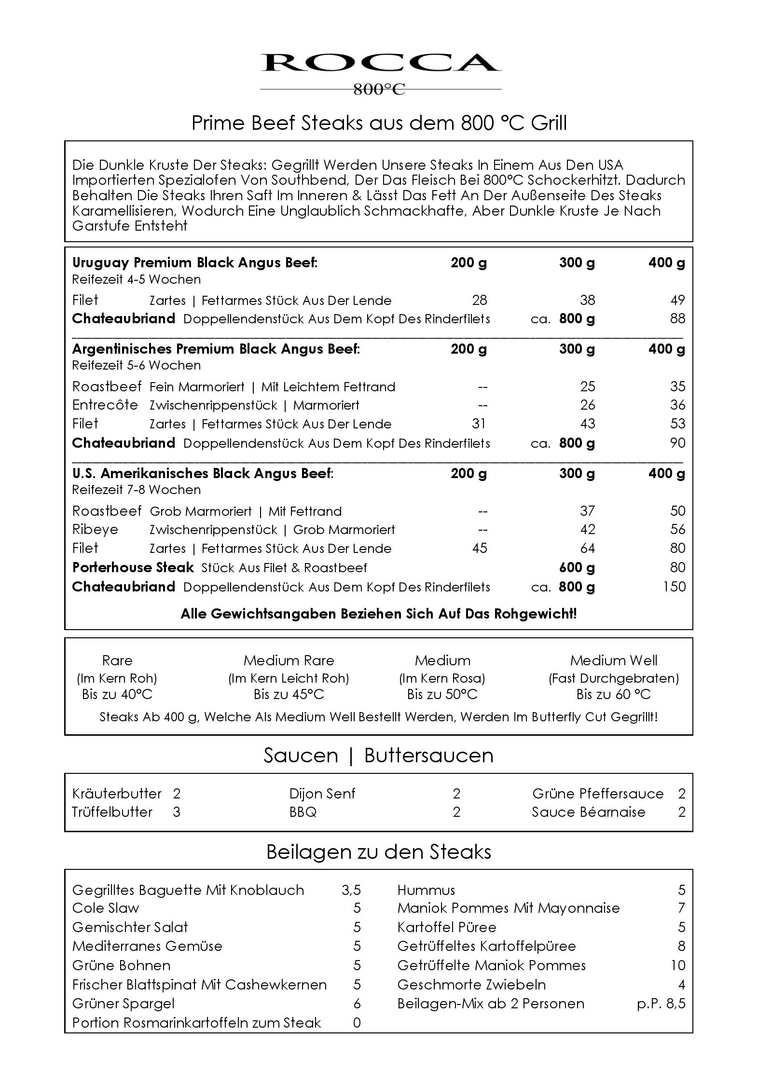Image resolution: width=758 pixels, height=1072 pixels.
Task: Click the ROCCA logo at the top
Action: point(380,63)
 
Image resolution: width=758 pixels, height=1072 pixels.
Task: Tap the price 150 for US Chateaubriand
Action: point(674,587)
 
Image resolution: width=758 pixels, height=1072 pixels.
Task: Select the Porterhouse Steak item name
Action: point(133,567)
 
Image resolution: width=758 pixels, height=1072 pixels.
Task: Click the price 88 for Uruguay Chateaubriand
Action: point(677,318)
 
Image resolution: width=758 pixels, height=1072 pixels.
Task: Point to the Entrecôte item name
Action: point(105,405)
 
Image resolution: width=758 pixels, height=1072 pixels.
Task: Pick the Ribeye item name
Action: point(95,529)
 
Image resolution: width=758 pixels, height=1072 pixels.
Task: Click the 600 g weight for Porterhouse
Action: point(577,567)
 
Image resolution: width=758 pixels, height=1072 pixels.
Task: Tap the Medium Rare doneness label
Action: point(289,660)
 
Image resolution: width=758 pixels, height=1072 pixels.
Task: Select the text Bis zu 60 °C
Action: point(613,694)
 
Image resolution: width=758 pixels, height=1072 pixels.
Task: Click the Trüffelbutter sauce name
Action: point(112,812)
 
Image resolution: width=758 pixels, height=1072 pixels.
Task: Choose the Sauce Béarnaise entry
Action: point(588,812)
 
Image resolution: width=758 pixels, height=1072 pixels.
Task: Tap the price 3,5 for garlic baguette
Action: point(351,890)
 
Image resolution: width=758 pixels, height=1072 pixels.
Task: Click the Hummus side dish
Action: point(426,890)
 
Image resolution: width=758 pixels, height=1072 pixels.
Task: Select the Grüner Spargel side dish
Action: point(123,1003)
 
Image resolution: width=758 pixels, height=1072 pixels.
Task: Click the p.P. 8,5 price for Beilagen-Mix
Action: point(661,1003)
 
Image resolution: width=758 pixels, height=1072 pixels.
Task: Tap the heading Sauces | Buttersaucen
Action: point(378,756)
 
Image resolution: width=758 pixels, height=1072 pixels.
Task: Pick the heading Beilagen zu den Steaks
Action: point(378,852)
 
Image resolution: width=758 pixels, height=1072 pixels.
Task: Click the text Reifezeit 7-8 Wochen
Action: point(136,490)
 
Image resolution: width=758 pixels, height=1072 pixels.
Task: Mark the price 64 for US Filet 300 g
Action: point(587,548)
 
